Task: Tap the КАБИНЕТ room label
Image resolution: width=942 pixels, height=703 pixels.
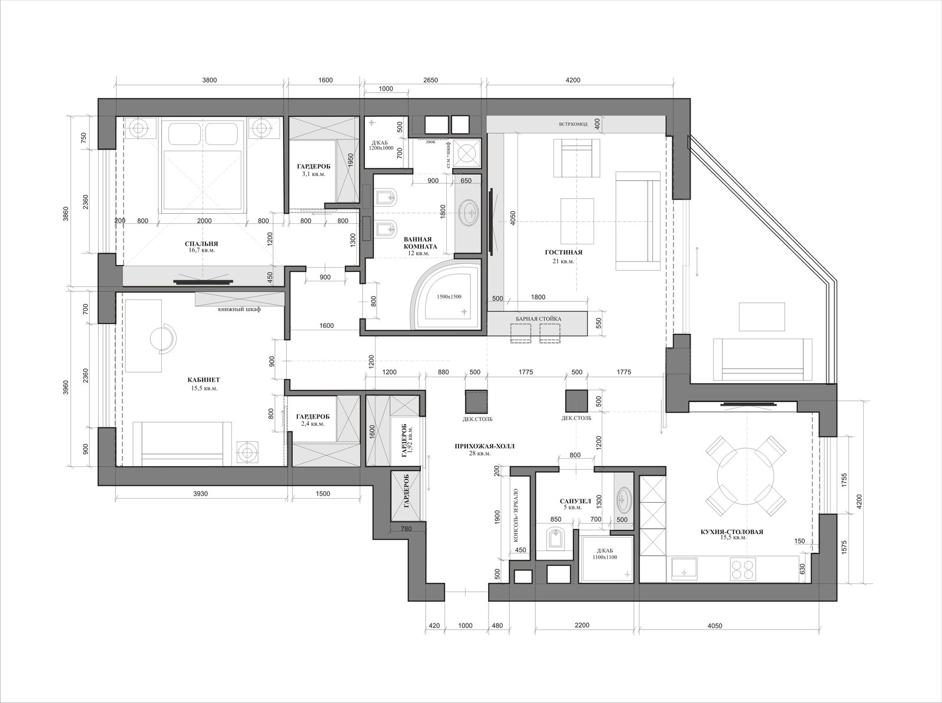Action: tap(204, 379)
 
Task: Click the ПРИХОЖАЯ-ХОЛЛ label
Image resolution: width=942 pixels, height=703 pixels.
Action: tap(485, 446)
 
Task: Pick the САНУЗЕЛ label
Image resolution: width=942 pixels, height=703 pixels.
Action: tap(575, 501)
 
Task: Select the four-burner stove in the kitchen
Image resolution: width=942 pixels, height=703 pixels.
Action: tap(743, 570)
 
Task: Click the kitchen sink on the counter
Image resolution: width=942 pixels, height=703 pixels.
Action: tap(685, 570)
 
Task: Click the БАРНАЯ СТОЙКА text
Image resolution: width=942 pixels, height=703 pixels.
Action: tap(538, 319)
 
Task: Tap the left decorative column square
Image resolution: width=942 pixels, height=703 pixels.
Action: tap(476, 401)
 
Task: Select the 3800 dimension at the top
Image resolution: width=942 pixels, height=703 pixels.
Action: tap(210, 80)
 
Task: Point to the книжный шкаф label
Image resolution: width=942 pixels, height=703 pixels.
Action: tap(239, 309)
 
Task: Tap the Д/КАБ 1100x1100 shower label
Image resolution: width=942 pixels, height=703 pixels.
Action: tap(605, 553)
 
